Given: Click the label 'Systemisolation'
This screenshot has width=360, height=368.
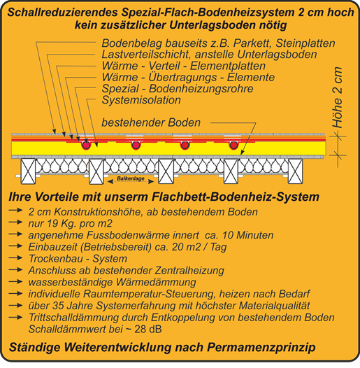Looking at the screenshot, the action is (141, 100).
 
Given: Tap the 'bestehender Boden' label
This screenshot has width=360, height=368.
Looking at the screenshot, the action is (151, 122).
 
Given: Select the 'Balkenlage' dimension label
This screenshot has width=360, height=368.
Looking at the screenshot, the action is (131, 178).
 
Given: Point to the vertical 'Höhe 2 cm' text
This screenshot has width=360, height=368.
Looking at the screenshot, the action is (338, 97).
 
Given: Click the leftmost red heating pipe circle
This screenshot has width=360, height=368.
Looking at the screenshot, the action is (86, 145).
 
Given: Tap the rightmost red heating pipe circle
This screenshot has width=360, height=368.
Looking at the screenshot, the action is (233, 145).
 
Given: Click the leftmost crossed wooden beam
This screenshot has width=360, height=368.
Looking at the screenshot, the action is (28, 171).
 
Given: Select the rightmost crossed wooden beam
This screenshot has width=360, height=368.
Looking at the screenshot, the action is (295, 171).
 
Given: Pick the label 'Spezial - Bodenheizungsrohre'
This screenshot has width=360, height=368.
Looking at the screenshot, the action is (178, 89).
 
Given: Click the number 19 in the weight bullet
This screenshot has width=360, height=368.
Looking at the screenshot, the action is (52, 223).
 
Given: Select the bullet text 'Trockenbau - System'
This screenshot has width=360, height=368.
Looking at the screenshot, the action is (78, 259).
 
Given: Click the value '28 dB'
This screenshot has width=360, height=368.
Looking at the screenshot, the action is (148, 330).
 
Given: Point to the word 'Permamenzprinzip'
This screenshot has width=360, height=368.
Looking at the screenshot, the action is (261, 348).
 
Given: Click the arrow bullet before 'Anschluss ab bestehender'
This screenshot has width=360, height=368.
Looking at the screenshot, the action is (15, 269).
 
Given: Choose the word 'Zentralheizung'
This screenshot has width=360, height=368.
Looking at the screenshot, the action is (189, 270).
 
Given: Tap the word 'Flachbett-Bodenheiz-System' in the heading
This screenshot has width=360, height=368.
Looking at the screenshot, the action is (236, 197).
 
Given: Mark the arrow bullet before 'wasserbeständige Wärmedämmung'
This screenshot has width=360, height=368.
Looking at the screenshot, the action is (15, 281).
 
